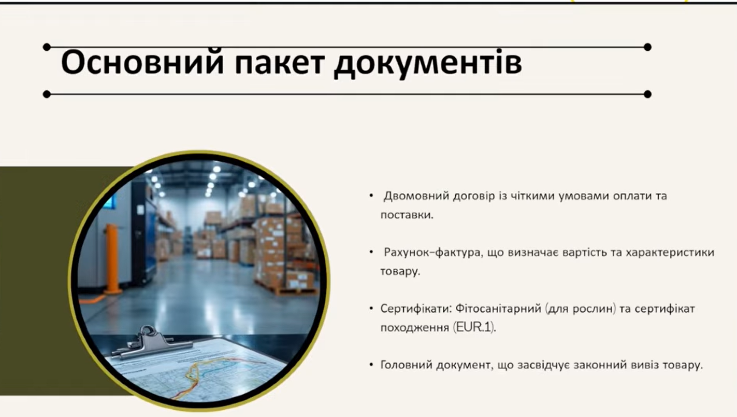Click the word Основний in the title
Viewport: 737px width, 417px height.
click(x=142, y=62)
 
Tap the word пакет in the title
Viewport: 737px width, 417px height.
click(x=280, y=62)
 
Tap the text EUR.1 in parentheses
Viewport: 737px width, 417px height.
click(x=473, y=328)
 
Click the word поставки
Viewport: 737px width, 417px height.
click(x=407, y=215)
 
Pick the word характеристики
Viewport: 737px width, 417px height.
click(x=670, y=253)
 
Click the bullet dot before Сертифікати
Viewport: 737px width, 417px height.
click(x=371, y=309)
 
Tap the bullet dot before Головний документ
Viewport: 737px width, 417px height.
click(x=371, y=365)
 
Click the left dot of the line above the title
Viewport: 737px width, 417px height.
click(x=47, y=47)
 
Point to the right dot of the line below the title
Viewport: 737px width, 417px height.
click(x=647, y=94)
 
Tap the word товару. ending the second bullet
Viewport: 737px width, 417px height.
click(x=400, y=272)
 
